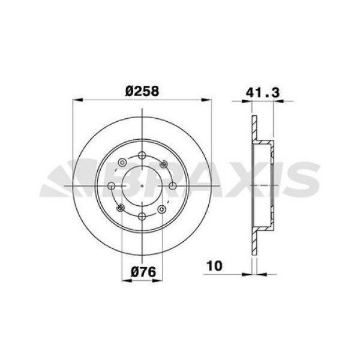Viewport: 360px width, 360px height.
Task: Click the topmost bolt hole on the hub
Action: point(142,157)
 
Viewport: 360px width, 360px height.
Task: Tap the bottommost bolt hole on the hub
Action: point(142,217)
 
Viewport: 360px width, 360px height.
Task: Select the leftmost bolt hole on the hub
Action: point(112,187)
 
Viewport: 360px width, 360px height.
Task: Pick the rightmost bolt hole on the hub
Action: point(172,187)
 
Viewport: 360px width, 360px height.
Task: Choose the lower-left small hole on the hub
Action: point(121,209)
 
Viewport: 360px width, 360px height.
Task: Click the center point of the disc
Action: point(142,187)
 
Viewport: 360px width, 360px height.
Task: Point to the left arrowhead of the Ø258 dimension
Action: point(75,100)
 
